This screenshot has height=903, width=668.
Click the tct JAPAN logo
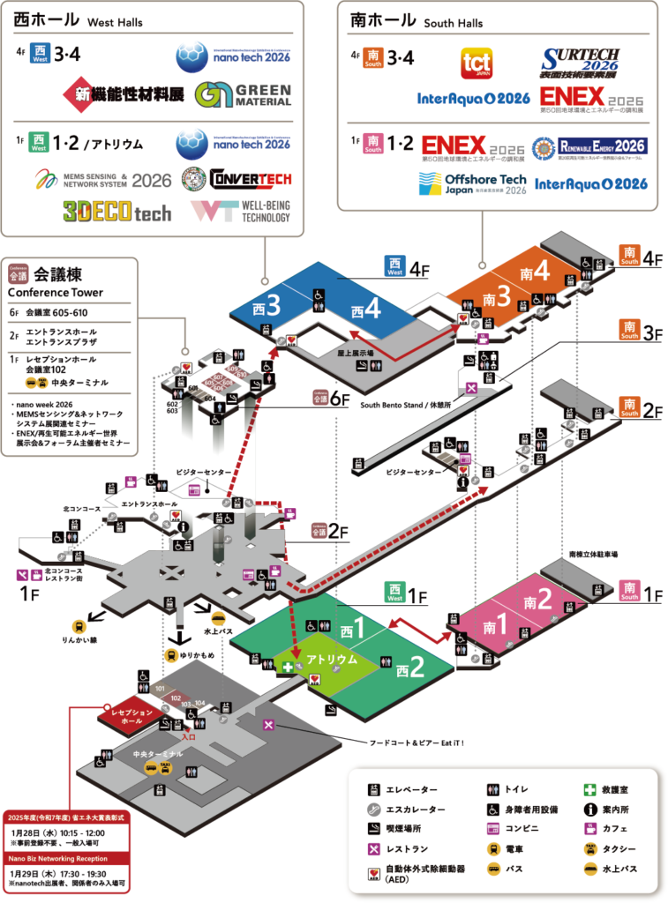476,64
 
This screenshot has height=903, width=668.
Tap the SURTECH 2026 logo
581,64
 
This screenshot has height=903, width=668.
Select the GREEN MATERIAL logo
244,94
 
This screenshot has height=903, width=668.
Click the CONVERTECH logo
236,179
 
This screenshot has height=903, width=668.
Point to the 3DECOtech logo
116,211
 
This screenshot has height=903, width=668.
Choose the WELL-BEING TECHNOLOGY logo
240,211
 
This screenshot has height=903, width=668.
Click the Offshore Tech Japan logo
472,183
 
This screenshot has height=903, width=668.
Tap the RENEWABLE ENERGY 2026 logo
589,146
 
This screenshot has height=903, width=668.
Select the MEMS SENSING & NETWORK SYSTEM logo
102,179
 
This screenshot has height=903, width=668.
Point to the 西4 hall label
365,310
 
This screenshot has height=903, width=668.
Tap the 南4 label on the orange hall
536,272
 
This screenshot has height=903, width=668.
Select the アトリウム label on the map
332,659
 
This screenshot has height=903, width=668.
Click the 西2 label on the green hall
410,668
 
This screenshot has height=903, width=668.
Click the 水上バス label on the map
218,631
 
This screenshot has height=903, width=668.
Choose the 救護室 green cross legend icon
589,790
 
